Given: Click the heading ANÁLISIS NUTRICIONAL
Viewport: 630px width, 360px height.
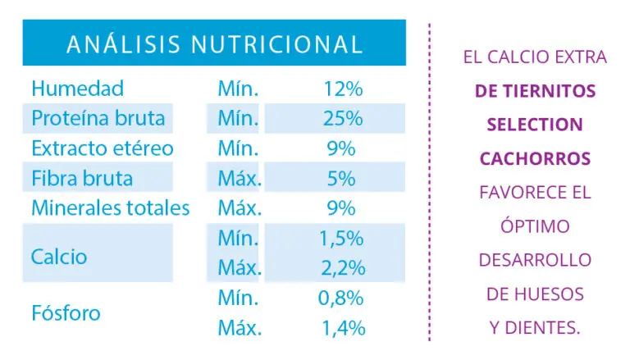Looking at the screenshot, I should pyautogui.click(x=213, y=43).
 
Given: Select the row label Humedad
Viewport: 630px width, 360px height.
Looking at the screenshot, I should pyautogui.click(x=77, y=89).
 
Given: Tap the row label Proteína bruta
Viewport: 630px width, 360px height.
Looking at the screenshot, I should pyautogui.click(x=98, y=119).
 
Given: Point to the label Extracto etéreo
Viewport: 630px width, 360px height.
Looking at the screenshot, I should pyautogui.click(x=103, y=148).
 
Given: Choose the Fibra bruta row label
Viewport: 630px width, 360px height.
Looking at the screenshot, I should pyautogui.click(x=82, y=178).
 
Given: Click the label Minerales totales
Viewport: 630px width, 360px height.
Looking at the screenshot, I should pyautogui.click(x=110, y=208).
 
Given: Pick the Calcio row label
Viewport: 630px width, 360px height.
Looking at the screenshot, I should pyautogui.click(x=58, y=257).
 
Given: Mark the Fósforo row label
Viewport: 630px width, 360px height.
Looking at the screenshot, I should pyautogui.click(x=65, y=313).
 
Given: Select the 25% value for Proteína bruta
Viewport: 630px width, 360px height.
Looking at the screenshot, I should pyautogui.click(x=343, y=119).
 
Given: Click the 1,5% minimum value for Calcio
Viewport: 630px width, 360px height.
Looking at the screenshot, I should pyautogui.click(x=341, y=239).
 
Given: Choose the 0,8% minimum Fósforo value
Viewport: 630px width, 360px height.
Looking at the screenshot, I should pyautogui.click(x=341, y=298).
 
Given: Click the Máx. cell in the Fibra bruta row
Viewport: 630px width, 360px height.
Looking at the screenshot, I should pyautogui.click(x=240, y=178).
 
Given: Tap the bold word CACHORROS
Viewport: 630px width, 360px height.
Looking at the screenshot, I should pyautogui.click(x=534, y=158).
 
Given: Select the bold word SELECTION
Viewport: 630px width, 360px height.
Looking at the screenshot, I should pyautogui.click(x=534, y=125).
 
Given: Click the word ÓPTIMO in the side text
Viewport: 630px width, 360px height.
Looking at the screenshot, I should pyautogui.click(x=534, y=226).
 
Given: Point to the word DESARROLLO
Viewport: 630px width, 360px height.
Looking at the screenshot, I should pyautogui.click(x=534, y=259).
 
